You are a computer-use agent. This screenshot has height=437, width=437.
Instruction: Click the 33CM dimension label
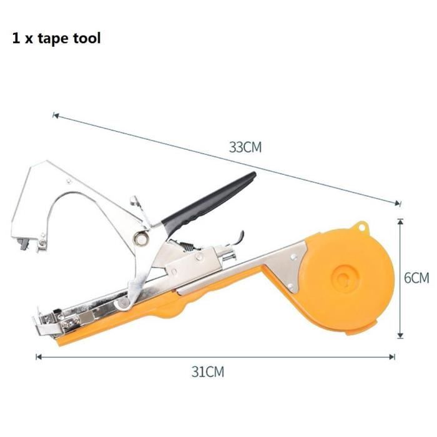point(245,147)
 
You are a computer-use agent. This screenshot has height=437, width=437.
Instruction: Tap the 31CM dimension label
point(208,372)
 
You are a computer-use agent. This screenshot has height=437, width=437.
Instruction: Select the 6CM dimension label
point(416,278)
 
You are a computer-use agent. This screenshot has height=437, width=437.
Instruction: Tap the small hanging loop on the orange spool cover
point(361,227)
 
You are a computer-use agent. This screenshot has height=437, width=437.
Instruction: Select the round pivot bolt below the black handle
point(140,238)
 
